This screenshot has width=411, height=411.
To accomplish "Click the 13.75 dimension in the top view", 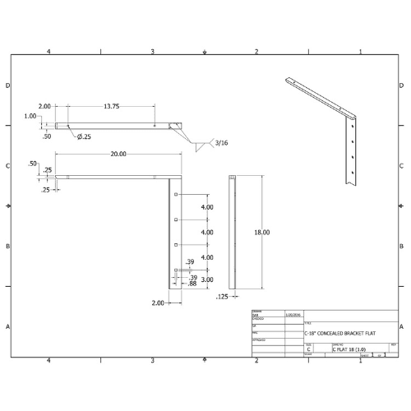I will pyautogui.click(x=113, y=106).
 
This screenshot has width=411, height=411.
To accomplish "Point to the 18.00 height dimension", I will pyautogui.click(x=261, y=233).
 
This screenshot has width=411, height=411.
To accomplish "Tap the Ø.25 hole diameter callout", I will pyautogui.click(x=84, y=136).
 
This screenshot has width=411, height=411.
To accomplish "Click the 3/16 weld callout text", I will pyautogui.click(x=222, y=143).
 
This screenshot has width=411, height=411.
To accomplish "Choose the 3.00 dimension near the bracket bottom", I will pyautogui.click(x=207, y=279).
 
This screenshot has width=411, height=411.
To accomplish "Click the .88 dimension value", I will pyautogui.click(x=192, y=283).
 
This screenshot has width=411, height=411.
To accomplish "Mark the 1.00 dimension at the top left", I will pyautogui.click(x=30, y=116).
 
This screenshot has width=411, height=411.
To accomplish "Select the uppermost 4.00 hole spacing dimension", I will pyautogui.click(x=207, y=207).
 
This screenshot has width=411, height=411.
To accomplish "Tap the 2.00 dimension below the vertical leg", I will pyautogui.click(x=157, y=302).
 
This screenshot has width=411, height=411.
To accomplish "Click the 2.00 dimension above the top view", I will pyautogui.click(x=44, y=106).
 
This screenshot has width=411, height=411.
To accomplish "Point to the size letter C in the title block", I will pyautogui.click(x=308, y=349).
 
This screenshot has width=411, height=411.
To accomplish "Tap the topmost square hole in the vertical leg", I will pyautogui.click(x=178, y=195).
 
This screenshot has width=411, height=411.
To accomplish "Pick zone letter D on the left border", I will pyautogui.click(x=8, y=85).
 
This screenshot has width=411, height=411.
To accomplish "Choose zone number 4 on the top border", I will pyautogui.click(x=48, y=52).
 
